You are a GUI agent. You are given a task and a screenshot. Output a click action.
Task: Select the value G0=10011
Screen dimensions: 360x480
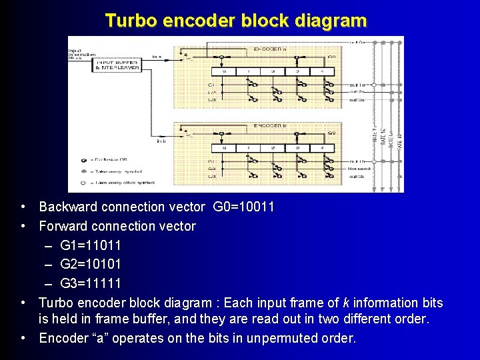243,207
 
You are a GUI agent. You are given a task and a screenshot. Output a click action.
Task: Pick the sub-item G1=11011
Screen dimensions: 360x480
91,245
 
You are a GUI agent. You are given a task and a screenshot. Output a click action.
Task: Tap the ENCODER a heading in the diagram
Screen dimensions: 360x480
271,49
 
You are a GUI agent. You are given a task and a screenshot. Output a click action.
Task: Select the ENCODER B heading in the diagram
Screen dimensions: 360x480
271,125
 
